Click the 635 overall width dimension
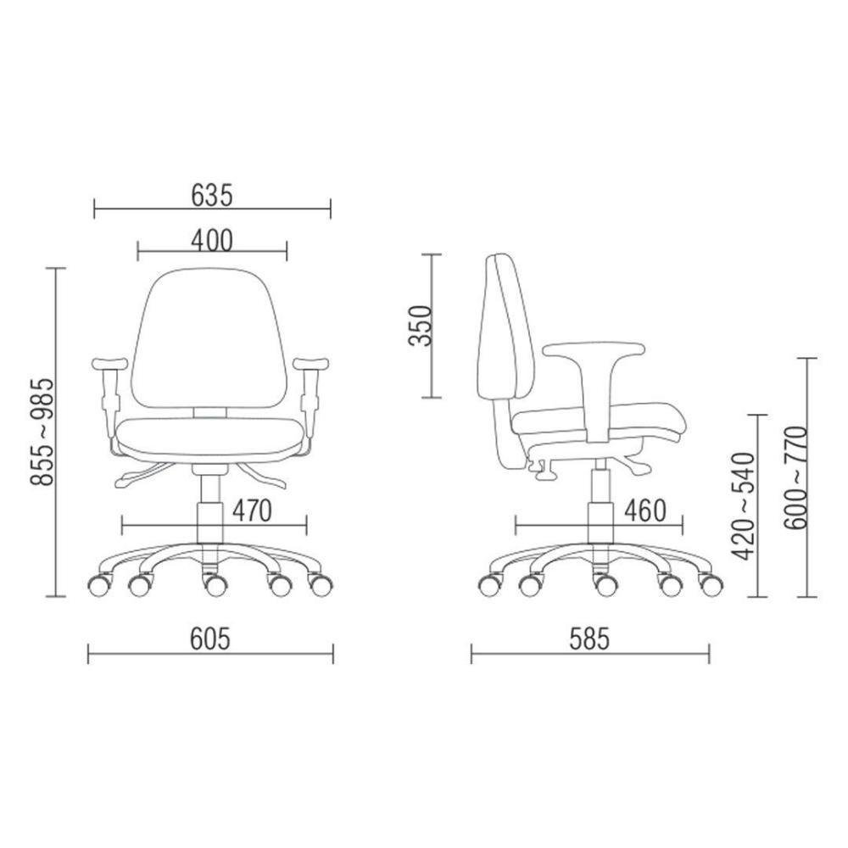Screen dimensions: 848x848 click(211, 196)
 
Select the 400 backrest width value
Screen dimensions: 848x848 click(211, 241)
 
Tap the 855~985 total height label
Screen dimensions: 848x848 click(42, 432)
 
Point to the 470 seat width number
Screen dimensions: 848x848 click(251, 511)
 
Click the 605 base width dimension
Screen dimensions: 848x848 click(210, 639)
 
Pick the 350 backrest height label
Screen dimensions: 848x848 click(420, 326)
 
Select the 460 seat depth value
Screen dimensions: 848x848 click(645, 511)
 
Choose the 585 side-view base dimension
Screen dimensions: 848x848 click(589, 639)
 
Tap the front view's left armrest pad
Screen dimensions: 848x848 click(109, 364)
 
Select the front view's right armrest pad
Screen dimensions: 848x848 click(311, 364)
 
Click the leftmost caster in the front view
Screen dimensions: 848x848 click(98, 584)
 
